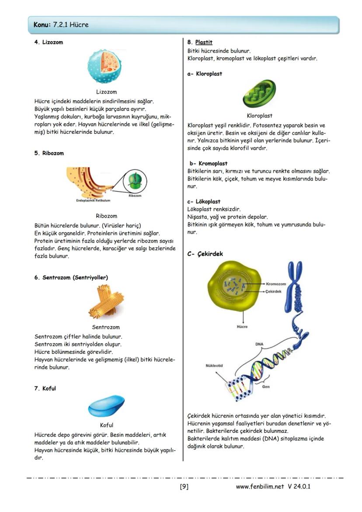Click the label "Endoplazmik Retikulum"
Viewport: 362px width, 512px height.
pyautogui.click(x=93, y=201)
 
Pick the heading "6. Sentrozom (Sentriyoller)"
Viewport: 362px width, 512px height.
pyautogui.click(x=71, y=278)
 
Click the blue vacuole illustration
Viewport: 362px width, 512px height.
pyautogui.click(x=106, y=407)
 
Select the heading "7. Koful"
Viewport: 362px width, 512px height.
pyautogui.click(x=45, y=388)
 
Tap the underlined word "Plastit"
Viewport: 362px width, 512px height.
pyautogui.click(x=204, y=42)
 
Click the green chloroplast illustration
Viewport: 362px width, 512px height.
pyautogui.click(x=259, y=94)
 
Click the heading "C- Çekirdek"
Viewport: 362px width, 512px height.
pyautogui.click(x=205, y=254)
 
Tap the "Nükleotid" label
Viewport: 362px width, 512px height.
pyautogui.click(x=215, y=366)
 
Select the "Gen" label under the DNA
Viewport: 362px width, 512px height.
pyautogui.click(x=266, y=387)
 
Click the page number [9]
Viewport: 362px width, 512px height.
pyautogui.click(x=184, y=486)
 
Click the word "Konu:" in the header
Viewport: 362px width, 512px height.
pyautogui.click(x=42, y=25)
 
